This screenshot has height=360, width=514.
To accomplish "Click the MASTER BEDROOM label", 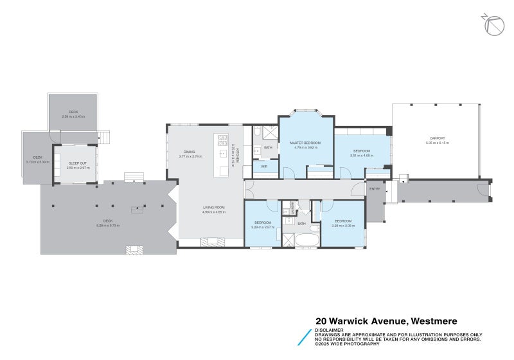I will coord(305,142).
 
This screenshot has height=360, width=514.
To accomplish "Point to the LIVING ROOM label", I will coord(214,207).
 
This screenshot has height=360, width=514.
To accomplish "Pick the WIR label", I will coord(264,166).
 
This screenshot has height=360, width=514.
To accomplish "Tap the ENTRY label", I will coord(375,189).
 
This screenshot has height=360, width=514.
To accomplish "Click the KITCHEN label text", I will coord(237,154).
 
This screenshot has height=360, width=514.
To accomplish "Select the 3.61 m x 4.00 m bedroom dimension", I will coord(361,156).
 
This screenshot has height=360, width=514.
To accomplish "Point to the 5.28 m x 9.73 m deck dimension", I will coord(108,226).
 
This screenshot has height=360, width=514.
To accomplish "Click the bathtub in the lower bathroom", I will coord(299,241).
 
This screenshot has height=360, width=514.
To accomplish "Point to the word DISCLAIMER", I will coord(330,330).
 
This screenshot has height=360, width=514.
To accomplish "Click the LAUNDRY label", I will coord(292,208).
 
